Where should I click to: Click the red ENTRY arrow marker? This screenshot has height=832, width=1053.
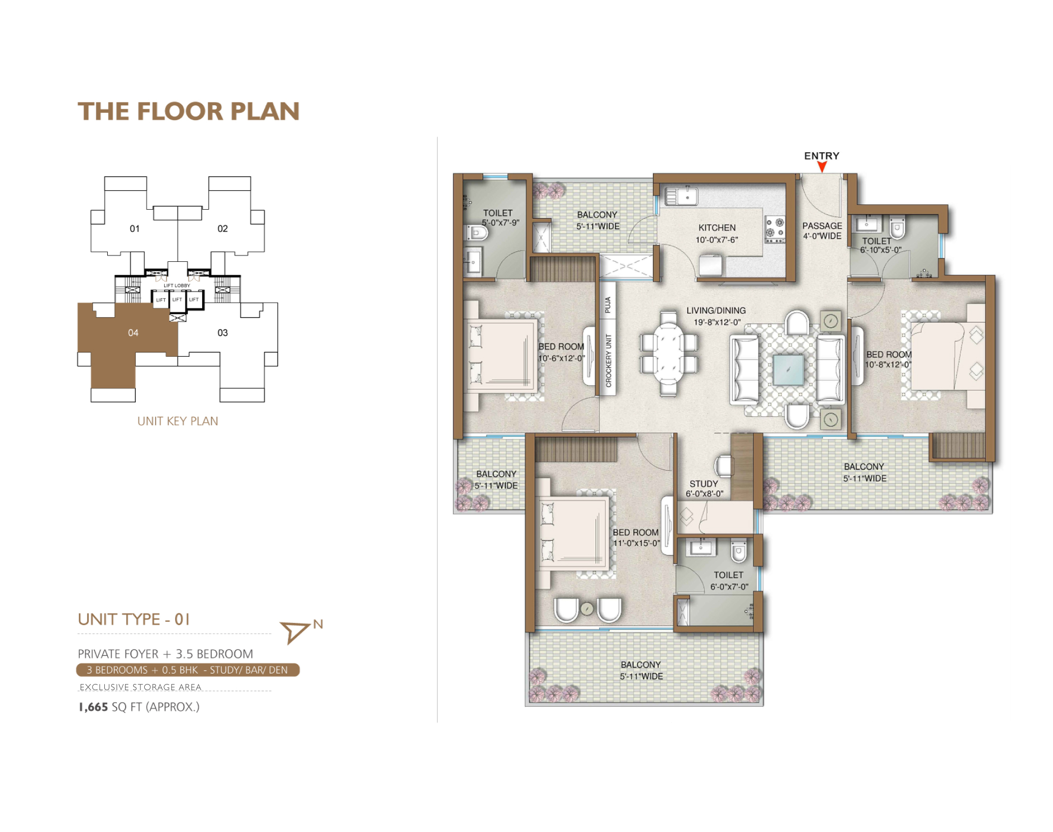[822, 166]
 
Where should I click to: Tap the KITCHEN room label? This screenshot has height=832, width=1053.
[716, 228]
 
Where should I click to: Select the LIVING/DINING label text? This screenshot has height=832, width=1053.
[715, 310]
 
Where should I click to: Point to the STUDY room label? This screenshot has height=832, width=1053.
[703, 484]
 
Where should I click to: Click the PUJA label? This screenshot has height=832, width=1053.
[607, 305]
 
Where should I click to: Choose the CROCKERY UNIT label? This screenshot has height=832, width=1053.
[608, 361]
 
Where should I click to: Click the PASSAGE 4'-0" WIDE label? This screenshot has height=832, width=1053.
[822, 231]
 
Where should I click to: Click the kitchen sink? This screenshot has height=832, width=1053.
[682, 196]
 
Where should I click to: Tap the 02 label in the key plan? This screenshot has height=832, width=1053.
[222, 229]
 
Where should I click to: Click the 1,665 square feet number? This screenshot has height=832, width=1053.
[93, 707]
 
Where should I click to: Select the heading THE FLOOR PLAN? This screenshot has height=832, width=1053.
[188, 111]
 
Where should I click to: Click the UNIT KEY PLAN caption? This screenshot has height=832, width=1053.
[177, 421]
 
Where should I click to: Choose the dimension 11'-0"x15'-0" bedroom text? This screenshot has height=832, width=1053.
[636, 543]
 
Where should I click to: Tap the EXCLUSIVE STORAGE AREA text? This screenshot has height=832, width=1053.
[140, 687]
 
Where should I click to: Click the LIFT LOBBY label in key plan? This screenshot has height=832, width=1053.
[177, 286]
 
